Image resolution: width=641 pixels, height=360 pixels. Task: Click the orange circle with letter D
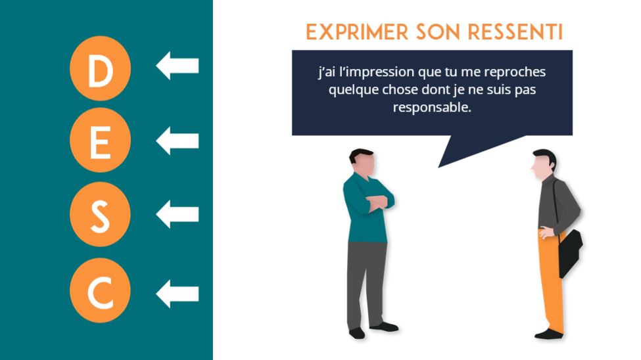click(100, 68)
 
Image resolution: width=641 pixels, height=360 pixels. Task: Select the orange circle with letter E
click(100, 140)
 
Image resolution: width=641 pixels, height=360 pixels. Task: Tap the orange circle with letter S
click(100, 214)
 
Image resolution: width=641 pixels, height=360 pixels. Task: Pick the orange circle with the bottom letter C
click(100, 290)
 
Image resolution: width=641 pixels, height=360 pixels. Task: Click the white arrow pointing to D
click(178, 66)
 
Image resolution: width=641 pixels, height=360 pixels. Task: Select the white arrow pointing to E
click(178, 141)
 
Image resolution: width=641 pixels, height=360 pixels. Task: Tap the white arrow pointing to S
click(178, 214)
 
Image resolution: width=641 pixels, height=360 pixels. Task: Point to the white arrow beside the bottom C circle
click(178, 294)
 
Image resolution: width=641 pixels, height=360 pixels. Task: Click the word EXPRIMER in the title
click(357, 32)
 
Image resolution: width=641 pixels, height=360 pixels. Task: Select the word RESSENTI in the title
click(515, 32)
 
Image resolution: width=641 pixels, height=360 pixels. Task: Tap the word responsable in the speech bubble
click(432, 108)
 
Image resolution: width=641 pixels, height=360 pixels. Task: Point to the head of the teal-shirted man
click(362, 162)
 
